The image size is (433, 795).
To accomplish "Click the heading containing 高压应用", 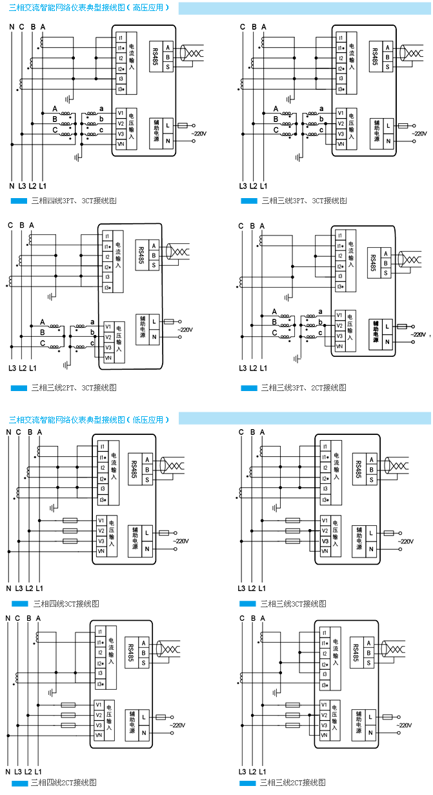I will [90, 8].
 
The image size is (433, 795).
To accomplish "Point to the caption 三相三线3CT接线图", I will [293, 603].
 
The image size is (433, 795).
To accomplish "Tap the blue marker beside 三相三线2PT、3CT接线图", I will [19, 388].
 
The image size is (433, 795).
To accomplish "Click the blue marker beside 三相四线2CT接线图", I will [19, 783].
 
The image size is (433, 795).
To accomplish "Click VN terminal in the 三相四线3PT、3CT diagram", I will [121, 144].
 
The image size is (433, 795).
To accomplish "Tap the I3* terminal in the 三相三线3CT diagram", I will [327, 499].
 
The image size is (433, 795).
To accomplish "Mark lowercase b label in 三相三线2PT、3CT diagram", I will [93, 332].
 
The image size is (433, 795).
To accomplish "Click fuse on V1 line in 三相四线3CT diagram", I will [70, 520].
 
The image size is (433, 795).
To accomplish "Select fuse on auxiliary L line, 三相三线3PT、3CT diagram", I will [403, 125].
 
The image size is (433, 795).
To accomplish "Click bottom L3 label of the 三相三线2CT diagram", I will [241, 772].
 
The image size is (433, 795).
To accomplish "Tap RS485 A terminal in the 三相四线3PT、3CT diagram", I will [168, 47].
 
